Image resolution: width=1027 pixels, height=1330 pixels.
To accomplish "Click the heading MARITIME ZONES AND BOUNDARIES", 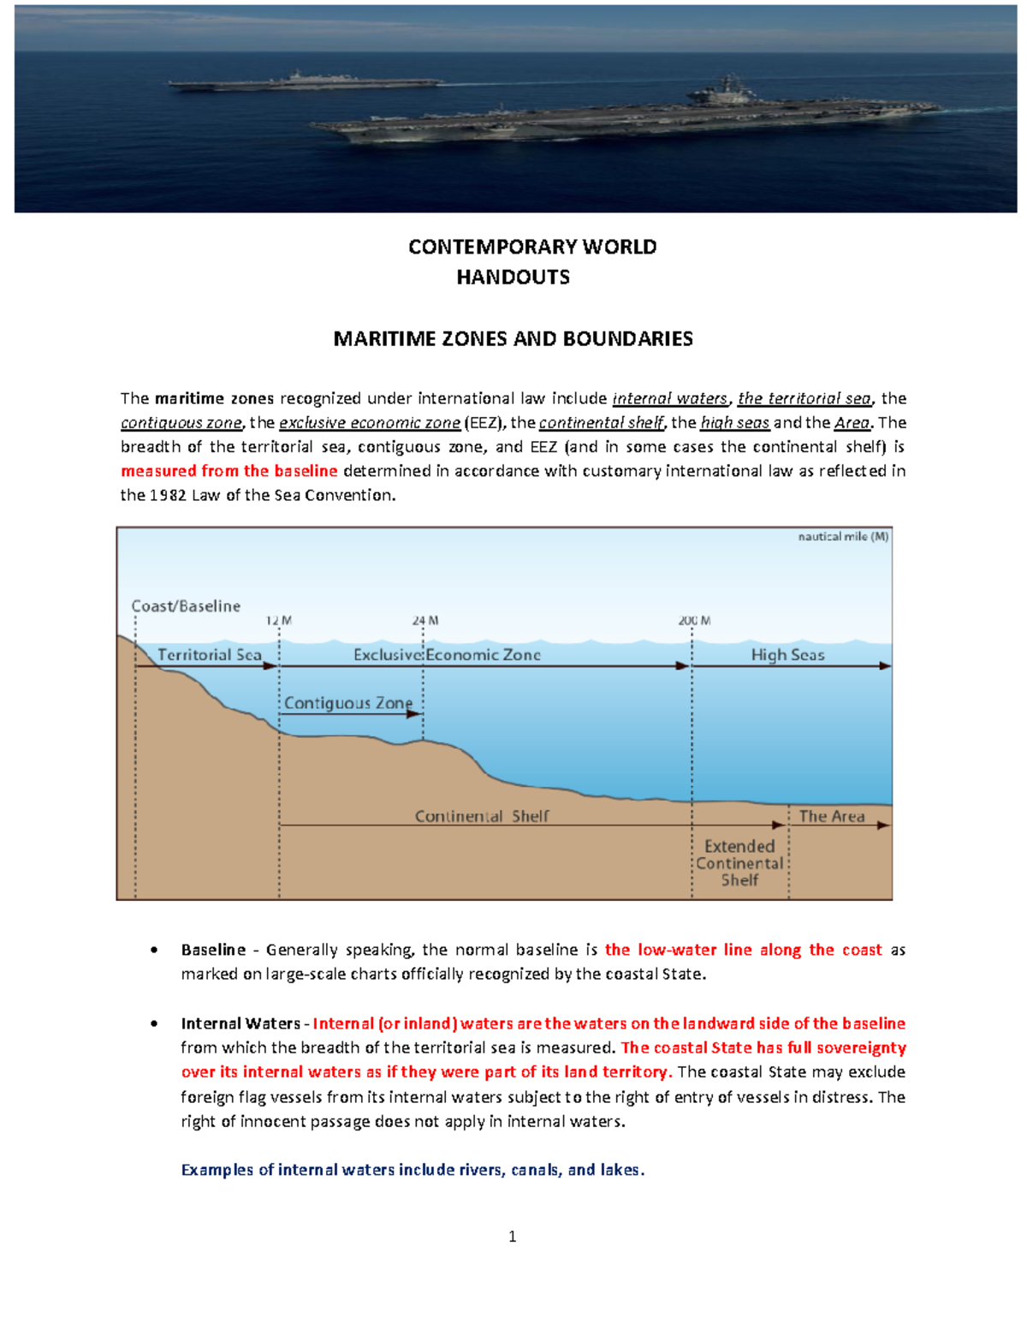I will pos(513,339).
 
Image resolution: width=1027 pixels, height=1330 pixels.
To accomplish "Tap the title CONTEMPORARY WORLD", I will pos(531,247).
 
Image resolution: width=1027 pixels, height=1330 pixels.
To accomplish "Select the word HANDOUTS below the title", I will pos(513,277).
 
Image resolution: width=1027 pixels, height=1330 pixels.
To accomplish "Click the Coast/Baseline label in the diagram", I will pos(186,606).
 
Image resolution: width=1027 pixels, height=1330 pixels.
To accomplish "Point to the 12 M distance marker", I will pos(278,621).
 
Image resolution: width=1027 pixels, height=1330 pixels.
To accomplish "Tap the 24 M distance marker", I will pos(424,621).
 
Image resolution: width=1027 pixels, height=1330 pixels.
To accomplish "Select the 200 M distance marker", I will pos(694,621).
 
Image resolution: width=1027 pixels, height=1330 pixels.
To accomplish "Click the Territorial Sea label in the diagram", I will pos(209,655).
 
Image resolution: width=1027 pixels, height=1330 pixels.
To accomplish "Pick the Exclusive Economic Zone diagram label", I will pos(447,655).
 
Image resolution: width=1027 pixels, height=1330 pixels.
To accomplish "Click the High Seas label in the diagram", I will pos(787,655).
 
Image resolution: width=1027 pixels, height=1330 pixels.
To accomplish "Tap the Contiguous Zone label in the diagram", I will pos(347,703).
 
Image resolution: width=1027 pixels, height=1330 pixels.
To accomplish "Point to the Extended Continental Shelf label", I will pos(739,863).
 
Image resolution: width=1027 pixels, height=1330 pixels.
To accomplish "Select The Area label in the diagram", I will pos(831,817).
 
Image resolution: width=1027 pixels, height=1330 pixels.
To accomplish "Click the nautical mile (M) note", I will pos(843,537).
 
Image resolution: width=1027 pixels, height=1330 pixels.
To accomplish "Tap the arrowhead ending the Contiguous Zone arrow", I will pos(415,714).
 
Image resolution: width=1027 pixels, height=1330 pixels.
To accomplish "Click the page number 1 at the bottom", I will pos(512,1237).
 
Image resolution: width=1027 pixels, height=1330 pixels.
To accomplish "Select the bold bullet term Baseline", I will pos(213,950).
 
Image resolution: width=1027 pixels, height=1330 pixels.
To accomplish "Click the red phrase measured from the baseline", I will pos(229,471).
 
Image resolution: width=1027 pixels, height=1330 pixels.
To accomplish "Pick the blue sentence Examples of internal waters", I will pos(412,1170).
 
